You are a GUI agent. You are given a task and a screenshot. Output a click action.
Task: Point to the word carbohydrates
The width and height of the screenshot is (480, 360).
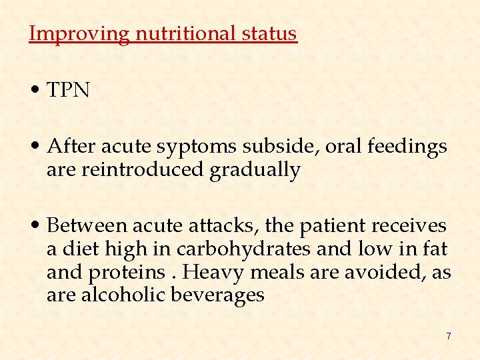click(x=243, y=249)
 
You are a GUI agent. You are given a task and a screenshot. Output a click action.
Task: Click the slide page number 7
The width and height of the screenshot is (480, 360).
click(x=449, y=337)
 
